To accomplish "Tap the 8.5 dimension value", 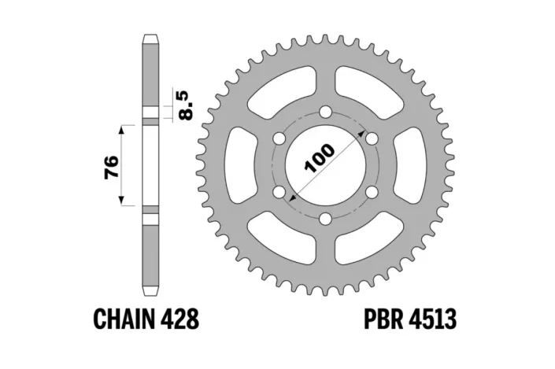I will click(186, 104).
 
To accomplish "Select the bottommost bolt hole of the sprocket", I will click(324, 218).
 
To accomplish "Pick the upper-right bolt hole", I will click(369, 139).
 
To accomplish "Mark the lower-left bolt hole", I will click(278, 192).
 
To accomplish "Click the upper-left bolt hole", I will click(278, 139).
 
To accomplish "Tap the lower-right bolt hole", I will click(369, 192).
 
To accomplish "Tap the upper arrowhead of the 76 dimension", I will click(122, 127).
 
